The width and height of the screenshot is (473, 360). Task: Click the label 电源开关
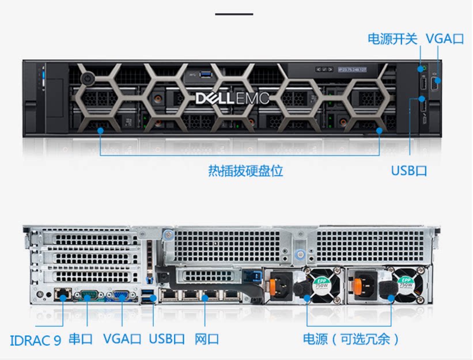click(392, 39)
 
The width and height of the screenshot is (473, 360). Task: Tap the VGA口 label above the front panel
click(445, 39)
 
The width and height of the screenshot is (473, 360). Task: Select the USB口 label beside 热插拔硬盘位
click(409, 171)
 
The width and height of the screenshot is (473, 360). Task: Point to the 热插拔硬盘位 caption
click(245, 171)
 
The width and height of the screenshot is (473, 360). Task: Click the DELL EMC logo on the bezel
click(232, 98)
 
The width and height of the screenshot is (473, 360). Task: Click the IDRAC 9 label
click(36, 339)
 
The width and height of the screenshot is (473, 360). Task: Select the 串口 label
click(81, 339)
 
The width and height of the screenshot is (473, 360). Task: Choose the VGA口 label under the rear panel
click(122, 339)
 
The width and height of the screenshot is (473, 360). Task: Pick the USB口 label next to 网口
click(167, 339)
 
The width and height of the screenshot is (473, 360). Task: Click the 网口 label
click(207, 339)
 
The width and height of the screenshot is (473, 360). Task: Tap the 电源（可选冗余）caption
click(351, 339)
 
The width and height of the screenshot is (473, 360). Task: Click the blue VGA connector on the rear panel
click(122, 296)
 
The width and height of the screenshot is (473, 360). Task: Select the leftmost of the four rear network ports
click(170, 295)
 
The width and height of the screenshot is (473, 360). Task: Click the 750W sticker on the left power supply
click(320, 283)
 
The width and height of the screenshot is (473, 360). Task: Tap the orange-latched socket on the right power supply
click(366, 285)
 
